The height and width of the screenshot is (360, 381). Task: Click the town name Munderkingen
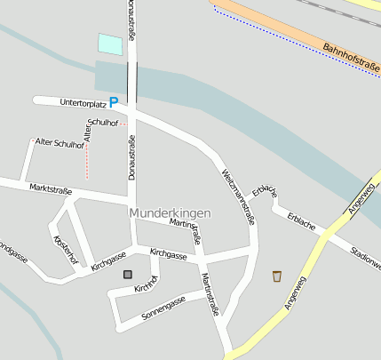pos(171,214)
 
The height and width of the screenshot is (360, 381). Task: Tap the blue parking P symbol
pos(114,103)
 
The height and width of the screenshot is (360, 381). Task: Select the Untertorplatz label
pos(83,103)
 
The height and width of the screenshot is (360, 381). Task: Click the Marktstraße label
pos(50,188)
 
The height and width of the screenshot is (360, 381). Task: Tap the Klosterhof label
pos(66,250)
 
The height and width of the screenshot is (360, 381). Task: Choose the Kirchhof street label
pos(146,284)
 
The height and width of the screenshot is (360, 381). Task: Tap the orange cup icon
pos(277,276)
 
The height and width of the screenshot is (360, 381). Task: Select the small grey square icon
pos(128,275)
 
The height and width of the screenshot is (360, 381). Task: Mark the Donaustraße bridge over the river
pos(131,82)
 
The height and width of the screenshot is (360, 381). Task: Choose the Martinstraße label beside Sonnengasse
pos(210,295)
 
